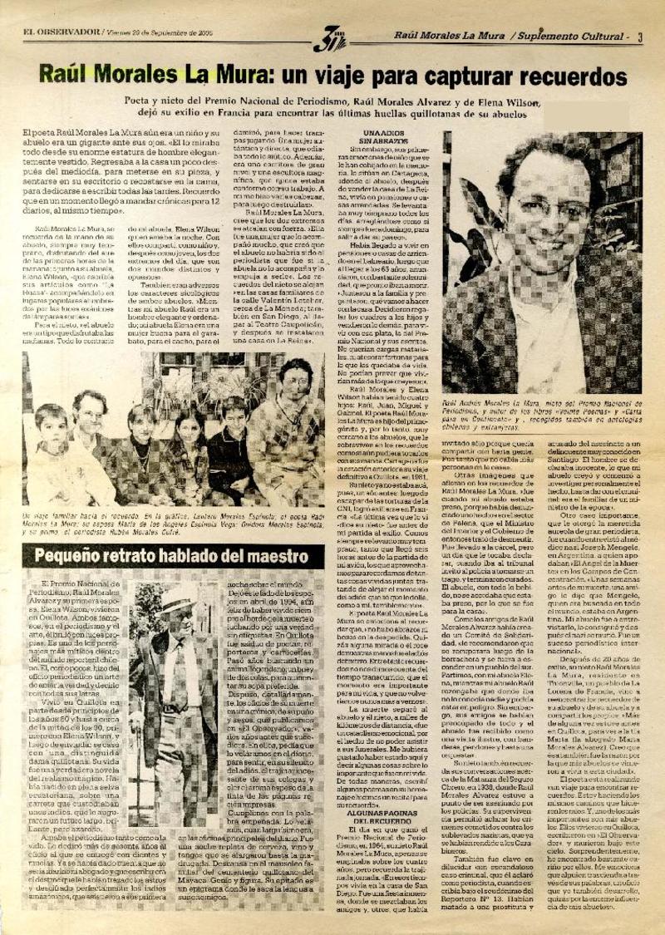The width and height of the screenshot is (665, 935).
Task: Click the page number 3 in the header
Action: pos(640,36)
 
